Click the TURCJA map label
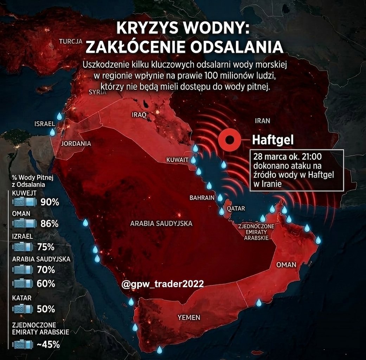coord(70,41)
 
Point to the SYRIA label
coord(97,92)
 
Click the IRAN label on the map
coord(262,121)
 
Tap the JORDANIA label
coord(76,143)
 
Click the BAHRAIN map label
coord(202,198)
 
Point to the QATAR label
coord(236,208)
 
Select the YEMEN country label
coord(189,317)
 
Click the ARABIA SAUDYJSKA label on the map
coord(161,223)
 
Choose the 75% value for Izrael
coord(46,247)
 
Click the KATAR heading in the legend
coord(22,298)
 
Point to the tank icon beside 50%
coord(23,309)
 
